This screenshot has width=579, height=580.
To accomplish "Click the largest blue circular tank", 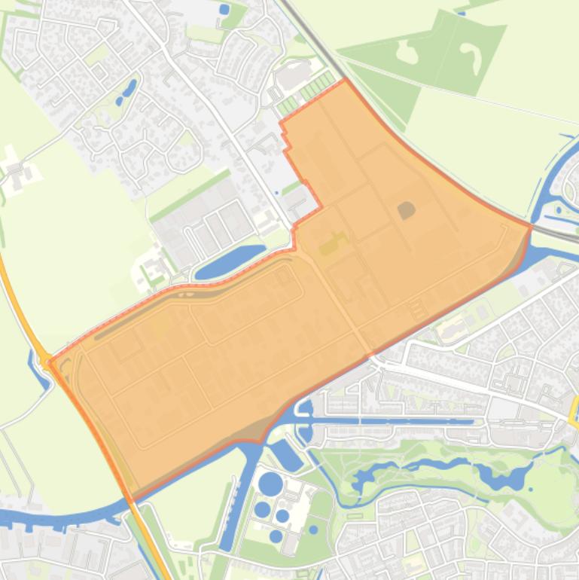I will tap(270, 483).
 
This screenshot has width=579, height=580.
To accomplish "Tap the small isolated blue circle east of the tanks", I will tap(313, 530).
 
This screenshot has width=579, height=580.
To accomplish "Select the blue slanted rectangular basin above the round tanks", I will tap(286, 454).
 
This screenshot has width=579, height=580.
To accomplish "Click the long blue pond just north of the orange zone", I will tap(230, 260).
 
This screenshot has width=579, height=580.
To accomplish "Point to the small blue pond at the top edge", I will tap(224, 10).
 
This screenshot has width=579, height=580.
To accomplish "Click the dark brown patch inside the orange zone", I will tap(407, 209).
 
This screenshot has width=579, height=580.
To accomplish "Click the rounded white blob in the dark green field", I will tap(407, 51).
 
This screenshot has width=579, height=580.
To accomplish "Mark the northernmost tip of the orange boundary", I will tap(346, 79).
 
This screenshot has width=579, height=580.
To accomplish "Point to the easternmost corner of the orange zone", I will tap(531, 225).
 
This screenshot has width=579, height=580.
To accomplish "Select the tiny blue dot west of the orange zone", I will tap(277, 193).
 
